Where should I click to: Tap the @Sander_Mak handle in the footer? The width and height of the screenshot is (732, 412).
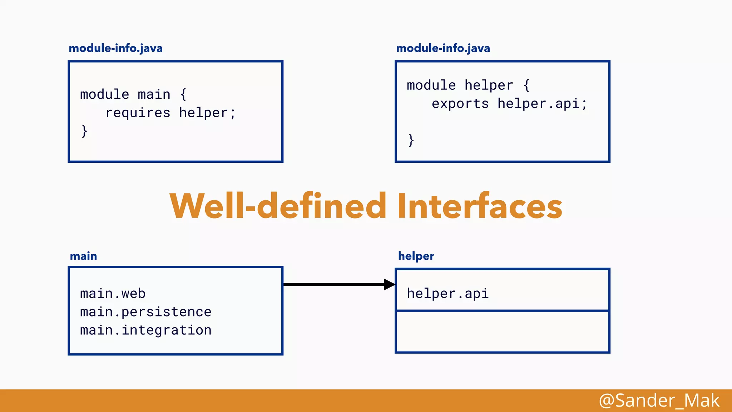click(659, 400)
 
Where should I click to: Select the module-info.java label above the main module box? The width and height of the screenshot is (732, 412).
click(115, 48)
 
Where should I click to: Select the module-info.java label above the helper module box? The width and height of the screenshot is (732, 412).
click(443, 48)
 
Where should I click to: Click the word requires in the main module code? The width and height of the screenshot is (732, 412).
click(138, 113)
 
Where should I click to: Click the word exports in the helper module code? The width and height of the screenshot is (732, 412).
click(460, 104)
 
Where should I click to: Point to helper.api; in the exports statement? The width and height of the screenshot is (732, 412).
click(542, 104)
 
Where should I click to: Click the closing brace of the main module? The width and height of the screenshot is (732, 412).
click(84, 131)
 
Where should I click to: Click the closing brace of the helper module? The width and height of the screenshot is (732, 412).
click(411, 140)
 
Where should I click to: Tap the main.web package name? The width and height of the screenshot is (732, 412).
click(113, 294)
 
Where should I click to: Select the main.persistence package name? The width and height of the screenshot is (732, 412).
click(145, 312)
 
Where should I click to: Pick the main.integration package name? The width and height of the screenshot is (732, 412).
click(145, 330)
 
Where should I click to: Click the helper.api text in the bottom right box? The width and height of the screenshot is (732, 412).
click(447, 294)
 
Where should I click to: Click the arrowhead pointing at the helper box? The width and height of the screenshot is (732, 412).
click(389, 285)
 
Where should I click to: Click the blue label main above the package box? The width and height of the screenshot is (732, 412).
click(83, 256)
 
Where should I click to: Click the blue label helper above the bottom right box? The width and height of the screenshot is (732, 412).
click(416, 256)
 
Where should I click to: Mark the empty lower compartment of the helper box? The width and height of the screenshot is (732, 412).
click(502, 332)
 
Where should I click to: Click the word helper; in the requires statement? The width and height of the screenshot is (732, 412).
click(207, 113)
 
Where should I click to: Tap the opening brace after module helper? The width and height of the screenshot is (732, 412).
click(526, 85)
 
